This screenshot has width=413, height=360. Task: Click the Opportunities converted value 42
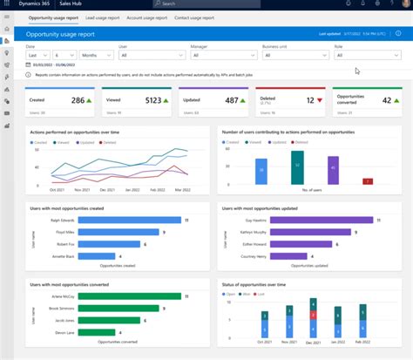tap(385, 101)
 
